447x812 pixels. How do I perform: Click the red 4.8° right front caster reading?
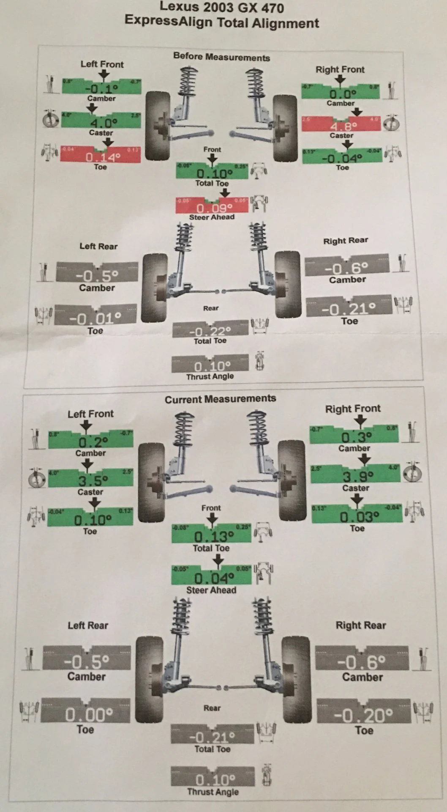tap(343, 126)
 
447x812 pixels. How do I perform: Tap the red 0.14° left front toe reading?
tap(103, 157)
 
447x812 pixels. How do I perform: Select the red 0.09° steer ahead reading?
tap(214, 208)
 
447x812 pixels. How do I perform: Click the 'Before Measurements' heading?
tap(221, 57)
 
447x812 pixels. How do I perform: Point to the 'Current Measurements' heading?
tap(220, 399)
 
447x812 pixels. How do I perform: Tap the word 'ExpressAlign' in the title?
tap(168, 21)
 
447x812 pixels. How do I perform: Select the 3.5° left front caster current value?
tap(93, 480)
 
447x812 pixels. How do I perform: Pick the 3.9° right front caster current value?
tap(357, 477)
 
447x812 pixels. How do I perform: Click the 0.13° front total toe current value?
tap(213, 537)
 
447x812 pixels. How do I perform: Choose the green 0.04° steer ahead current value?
tap(214, 578)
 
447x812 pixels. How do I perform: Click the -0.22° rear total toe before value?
tap(210, 331)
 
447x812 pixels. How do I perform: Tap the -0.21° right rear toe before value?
tap(349, 309)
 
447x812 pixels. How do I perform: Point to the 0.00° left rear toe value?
tap(88, 715)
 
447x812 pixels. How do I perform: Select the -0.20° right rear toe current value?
tap(363, 715)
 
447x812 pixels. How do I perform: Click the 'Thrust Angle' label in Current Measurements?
tap(213, 792)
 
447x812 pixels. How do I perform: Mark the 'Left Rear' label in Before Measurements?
tap(98, 246)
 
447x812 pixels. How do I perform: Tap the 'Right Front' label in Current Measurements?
tap(353, 409)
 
